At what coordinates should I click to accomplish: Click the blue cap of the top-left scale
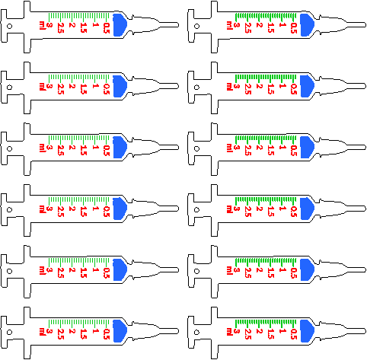click(x=120, y=24)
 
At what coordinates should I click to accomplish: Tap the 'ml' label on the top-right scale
click(x=228, y=25)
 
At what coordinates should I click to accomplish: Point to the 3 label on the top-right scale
click(x=237, y=25)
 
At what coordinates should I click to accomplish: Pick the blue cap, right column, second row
click(x=307, y=86)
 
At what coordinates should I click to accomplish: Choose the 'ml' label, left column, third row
click(x=41, y=148)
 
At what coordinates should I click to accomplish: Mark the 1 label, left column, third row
click(x=94, y=148)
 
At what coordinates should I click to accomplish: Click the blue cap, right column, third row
click(x=307, y=147)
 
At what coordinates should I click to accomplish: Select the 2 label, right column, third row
click(x=259, y=148)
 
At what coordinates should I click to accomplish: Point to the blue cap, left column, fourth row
click(x=120, y=209)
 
